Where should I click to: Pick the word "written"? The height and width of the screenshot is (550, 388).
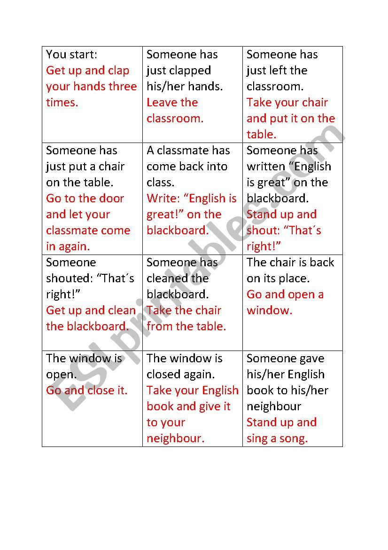tap(266, 167)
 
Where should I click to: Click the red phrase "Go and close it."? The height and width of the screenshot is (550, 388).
tap(87, 391)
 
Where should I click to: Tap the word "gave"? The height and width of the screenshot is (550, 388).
tap(311, 359)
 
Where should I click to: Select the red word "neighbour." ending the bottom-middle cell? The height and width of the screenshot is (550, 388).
tap(176, 438)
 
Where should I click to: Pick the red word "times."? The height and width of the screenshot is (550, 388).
tap(62, 103)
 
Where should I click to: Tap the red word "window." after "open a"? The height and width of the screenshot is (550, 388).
tap(269, 311)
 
